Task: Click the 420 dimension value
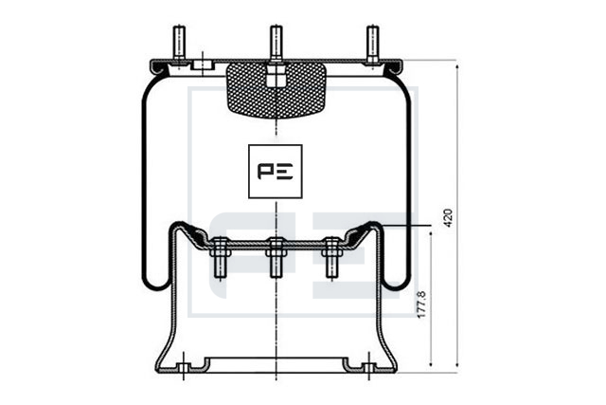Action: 448,218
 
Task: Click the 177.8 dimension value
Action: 421,304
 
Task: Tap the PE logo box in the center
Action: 276,171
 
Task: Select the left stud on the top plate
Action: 179,43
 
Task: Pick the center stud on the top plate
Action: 276,43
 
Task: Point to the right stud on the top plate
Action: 372,43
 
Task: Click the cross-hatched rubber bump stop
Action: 276,90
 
